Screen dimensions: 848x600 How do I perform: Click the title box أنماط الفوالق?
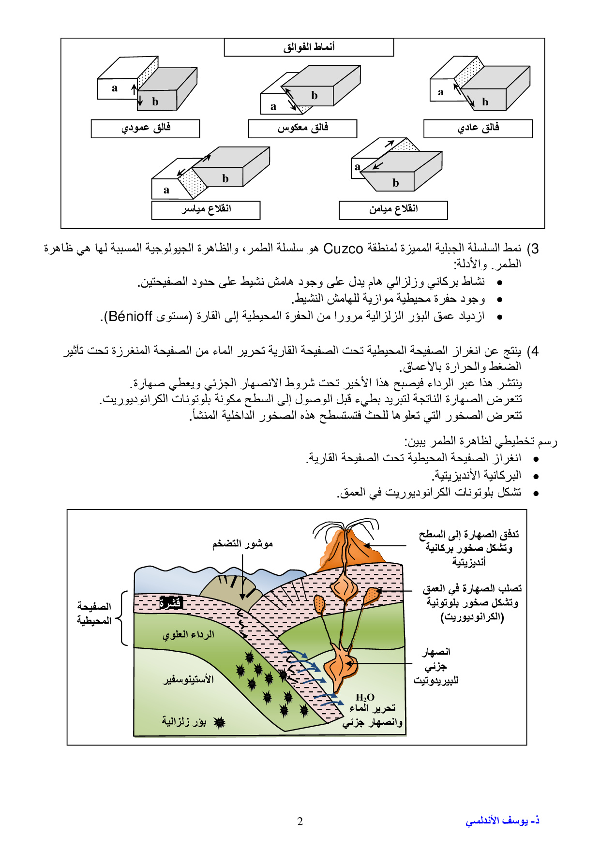pos(309,47)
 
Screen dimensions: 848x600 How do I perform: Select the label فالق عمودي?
pos(145,129)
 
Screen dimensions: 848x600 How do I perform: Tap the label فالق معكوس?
pos(302,129)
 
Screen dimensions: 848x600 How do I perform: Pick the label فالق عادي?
pos(478,129)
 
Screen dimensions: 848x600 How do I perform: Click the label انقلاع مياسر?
pos(206,210)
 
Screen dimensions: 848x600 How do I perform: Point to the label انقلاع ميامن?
pos(393,210)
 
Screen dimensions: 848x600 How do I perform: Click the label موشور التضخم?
pos(242,544)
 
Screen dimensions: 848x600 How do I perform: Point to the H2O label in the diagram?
pos(365,698)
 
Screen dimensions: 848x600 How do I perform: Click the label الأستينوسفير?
pos(188,679)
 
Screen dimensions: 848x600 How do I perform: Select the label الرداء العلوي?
pos(188,635)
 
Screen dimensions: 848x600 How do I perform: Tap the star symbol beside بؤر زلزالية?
pos(220,723)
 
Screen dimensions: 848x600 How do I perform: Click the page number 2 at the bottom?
pos(300,821)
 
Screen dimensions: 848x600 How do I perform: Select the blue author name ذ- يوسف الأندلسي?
pos(502,821)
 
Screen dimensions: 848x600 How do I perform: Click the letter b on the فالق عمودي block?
pos(155,102)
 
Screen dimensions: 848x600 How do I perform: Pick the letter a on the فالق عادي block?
pos(440,92)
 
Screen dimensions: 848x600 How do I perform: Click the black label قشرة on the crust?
pos(170,602)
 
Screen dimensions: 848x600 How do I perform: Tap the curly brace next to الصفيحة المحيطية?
pos(122,618)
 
